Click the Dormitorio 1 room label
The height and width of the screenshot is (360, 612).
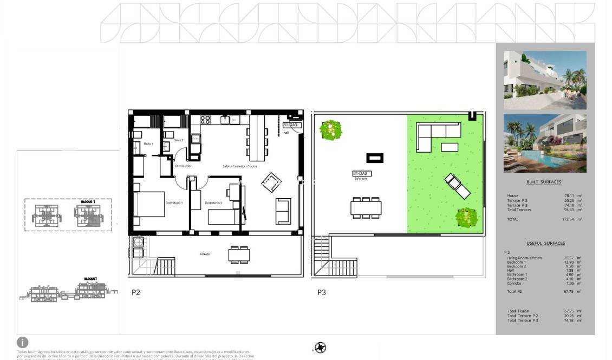point(174,203)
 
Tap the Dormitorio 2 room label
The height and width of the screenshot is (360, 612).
point(213,203)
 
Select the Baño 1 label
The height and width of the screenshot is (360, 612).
point(148,144)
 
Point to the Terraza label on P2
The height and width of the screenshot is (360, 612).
point(204,254)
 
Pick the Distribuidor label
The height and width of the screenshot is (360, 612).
point(183,166)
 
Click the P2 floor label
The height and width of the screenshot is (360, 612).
point(136,292)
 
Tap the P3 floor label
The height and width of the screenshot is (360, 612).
point(322,292)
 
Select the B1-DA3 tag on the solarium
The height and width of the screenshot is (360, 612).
point(361,174)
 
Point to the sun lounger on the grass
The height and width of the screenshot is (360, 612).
point(457,186)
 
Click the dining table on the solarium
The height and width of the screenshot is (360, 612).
point(366,207)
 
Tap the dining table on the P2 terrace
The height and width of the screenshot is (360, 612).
point(239,254)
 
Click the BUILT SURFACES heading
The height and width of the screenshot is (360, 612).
point(544,182)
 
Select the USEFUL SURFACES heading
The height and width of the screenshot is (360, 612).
point(545,244)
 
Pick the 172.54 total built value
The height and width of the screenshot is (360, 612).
point(568,220)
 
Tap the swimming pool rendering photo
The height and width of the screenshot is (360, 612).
point(545,142)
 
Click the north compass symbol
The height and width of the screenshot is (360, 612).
point(320,348)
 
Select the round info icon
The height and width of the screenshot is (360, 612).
point(23,342)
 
